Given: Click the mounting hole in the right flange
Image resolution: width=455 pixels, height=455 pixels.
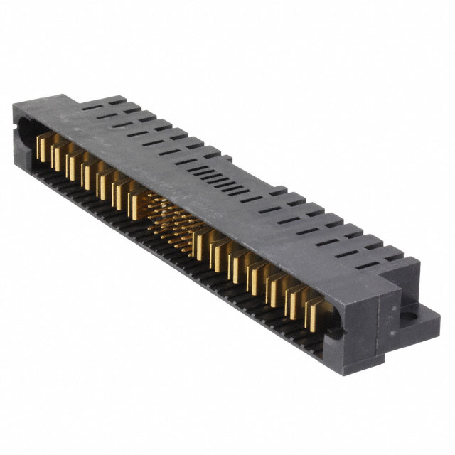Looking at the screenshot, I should [411, 311].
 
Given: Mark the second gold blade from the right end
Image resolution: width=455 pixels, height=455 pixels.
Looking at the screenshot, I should [291, 302].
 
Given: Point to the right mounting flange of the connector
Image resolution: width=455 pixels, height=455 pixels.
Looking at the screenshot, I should [409, 317].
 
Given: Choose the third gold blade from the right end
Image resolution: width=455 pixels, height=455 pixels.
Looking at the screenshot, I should [272, 290].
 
